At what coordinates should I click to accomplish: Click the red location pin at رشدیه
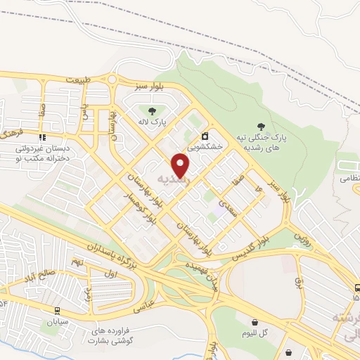(181, 165)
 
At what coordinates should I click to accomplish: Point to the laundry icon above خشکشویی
(205, 136)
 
